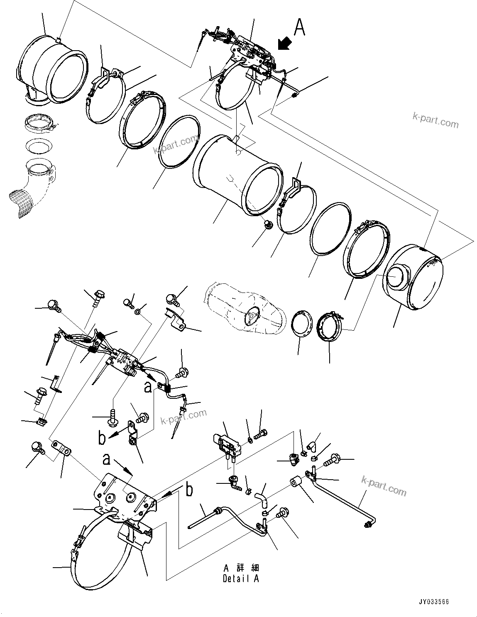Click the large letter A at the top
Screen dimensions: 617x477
300,28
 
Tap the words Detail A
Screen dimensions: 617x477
240,579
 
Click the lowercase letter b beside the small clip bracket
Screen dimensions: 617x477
102,438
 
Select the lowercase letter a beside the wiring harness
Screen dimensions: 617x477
147,387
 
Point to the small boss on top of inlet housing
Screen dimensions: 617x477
59,40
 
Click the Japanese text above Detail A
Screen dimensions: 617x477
241,568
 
